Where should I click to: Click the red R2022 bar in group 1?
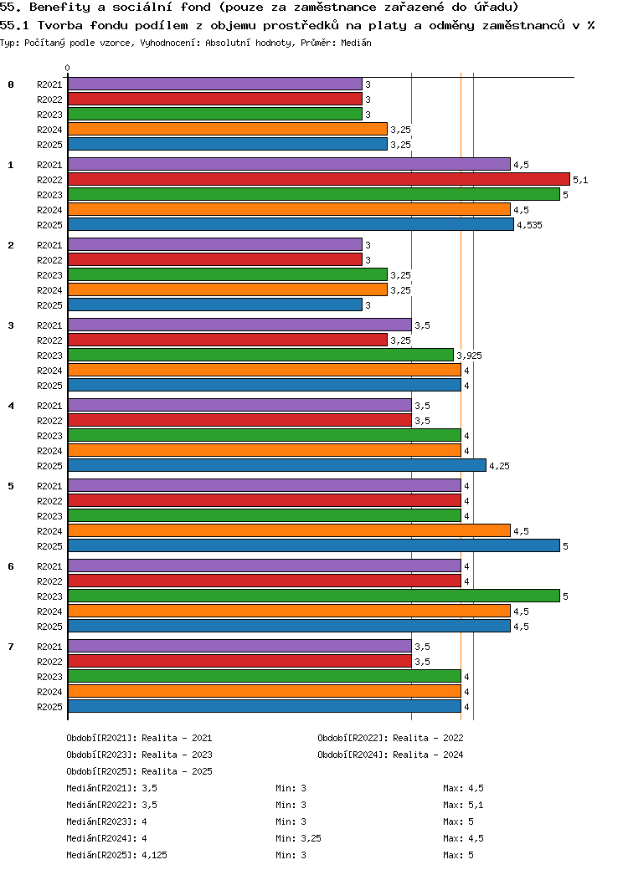319,179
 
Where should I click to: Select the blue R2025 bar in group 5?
314,546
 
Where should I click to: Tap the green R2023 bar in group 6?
314,596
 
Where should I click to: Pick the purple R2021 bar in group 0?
215,84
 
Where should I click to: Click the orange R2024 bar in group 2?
228,290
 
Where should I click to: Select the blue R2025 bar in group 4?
277,465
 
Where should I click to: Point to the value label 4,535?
529,225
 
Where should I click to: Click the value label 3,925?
469,356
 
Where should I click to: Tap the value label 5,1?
580,180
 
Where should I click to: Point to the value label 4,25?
499,466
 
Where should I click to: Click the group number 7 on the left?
11,647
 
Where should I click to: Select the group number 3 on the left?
11,325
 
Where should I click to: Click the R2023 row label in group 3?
49,356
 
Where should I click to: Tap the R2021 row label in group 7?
49,647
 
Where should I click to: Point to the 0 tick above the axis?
67,68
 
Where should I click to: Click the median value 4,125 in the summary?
154,855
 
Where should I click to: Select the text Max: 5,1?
463,805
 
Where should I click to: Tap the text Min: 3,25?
298,838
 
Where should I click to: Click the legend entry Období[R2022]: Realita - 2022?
390,738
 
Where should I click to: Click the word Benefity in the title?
59,8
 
